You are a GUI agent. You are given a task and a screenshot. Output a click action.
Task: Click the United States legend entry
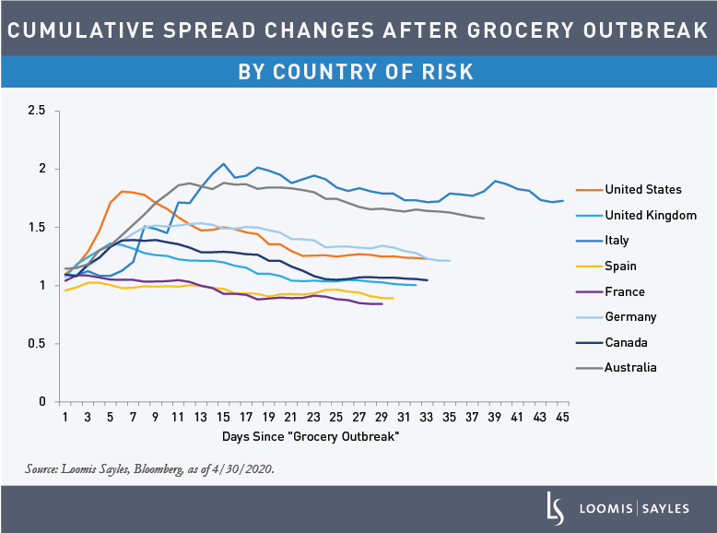642,190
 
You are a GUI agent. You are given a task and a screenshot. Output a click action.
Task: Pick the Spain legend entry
620,266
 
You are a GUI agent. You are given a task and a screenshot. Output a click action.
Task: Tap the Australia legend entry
630,367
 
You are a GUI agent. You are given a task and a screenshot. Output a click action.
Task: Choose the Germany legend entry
630,316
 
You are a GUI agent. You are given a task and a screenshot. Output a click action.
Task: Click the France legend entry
624,291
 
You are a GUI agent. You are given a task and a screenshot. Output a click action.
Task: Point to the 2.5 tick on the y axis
37,111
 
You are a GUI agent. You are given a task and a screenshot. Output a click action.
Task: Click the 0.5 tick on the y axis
37,344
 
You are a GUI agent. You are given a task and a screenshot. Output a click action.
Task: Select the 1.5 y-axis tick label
37,228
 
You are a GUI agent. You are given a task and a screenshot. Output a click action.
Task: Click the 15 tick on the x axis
223,417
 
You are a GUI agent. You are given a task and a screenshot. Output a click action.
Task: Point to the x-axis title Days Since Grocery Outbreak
310,435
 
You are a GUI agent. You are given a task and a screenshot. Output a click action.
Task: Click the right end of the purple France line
382,303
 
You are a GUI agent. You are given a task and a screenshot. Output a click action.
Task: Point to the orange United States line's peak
122,191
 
